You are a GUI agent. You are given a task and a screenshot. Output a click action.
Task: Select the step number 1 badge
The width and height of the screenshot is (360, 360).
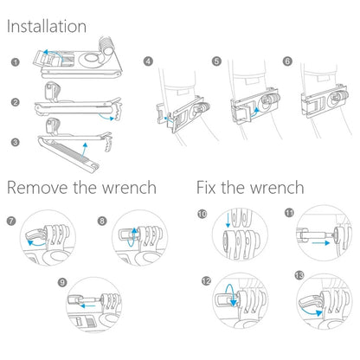[15, 62]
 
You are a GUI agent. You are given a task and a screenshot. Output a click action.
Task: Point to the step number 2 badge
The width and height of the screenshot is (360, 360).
[15, 102]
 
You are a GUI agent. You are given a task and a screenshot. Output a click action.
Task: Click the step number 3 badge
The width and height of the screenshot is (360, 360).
[15, 141]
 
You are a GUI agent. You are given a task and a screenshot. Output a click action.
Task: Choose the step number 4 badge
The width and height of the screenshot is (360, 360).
[148, 61]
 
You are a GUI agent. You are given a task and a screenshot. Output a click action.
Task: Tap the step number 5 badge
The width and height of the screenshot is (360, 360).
[216, 61]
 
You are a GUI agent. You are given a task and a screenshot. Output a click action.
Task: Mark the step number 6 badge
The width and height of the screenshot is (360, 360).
[286, 61]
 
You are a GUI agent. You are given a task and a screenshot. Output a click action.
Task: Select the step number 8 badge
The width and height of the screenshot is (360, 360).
[102, 221]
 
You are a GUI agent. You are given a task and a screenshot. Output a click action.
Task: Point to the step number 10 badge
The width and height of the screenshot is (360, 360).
[202, 213]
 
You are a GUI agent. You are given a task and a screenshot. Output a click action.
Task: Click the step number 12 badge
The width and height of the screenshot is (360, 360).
[205, 281]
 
